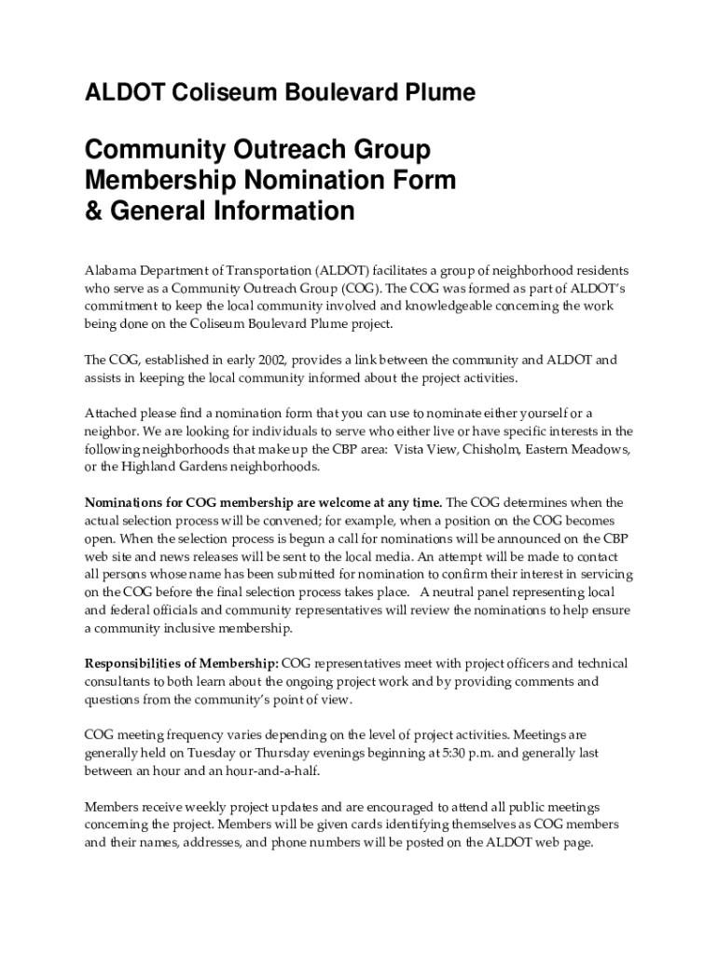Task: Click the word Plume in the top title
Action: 435,93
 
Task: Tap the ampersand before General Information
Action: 94,211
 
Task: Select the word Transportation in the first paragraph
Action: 264,270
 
